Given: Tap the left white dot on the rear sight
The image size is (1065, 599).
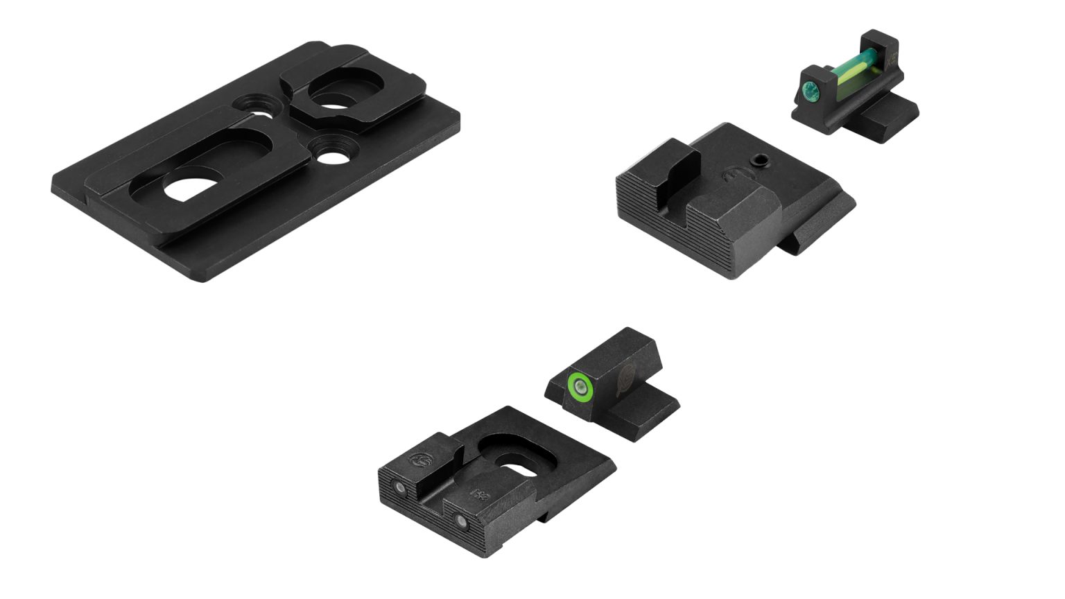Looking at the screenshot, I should [399, 489].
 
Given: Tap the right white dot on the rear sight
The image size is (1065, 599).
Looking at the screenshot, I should [460, 519].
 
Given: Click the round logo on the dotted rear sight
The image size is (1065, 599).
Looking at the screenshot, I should [418, 460].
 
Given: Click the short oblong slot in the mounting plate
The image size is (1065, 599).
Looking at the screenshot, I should [333, 95].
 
